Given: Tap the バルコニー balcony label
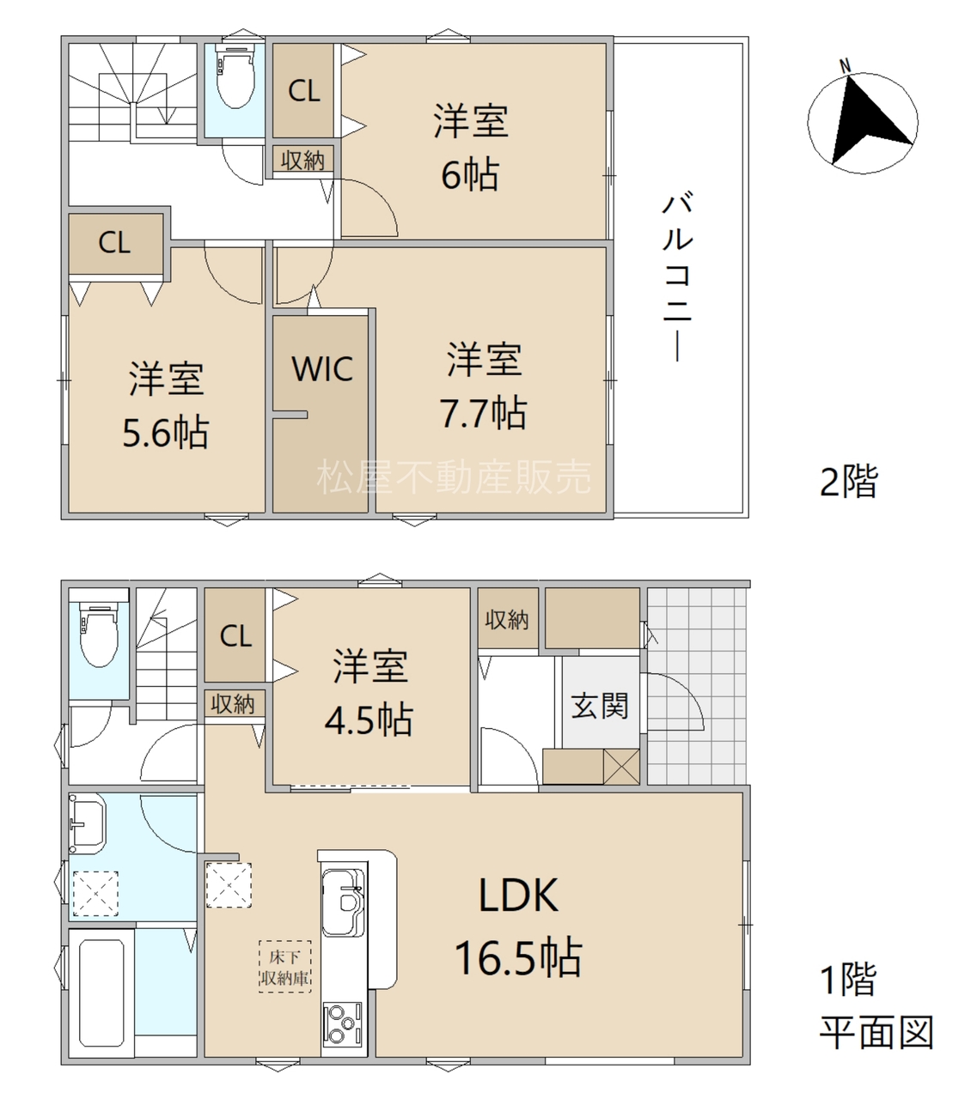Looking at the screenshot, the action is pyautogui.click(x=678, y=276).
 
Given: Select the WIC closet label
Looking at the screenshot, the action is pyautogui.click(x=322, y=369).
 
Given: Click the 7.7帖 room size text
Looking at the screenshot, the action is pyautogui.click(x=483, y=413).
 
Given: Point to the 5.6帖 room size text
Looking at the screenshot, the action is pyautogui.click(x=166, y=433).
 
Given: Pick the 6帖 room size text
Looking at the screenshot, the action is pyautogui.click(x=470, y=174).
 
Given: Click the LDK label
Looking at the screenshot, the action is pyautogui.click(x=519, y=896).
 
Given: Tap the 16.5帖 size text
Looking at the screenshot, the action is pyautogui.click(x=519, y=958).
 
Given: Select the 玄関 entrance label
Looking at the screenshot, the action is pyautogui.click(x=600, y=706).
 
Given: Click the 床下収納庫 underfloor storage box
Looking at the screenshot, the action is pyautogui.click(x=284, y=967).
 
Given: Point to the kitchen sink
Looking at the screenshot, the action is pyautogui.click(x=344, y=902).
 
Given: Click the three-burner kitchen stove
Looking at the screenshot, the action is pyautogui.click(x=343, y=1023).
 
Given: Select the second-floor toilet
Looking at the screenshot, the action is pyautogui.click(x=235, y=75).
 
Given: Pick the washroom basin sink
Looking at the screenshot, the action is pyautogui.click(x=87, y=823).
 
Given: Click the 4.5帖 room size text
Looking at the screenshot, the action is pyautogui.click(x=369, y=720).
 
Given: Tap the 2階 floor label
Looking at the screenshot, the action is pyautogui.click(x=848, y=481).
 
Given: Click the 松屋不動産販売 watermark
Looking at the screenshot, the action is pyautogui.click(x=454, y=477).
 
